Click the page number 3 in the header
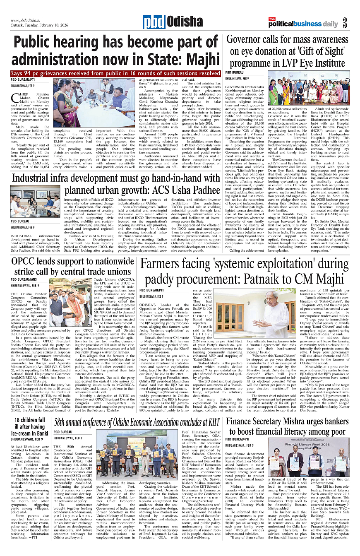tap(345, 23)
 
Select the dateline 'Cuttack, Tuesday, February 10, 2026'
tap(37, 26)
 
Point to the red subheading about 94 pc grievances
tap(115, 73)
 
